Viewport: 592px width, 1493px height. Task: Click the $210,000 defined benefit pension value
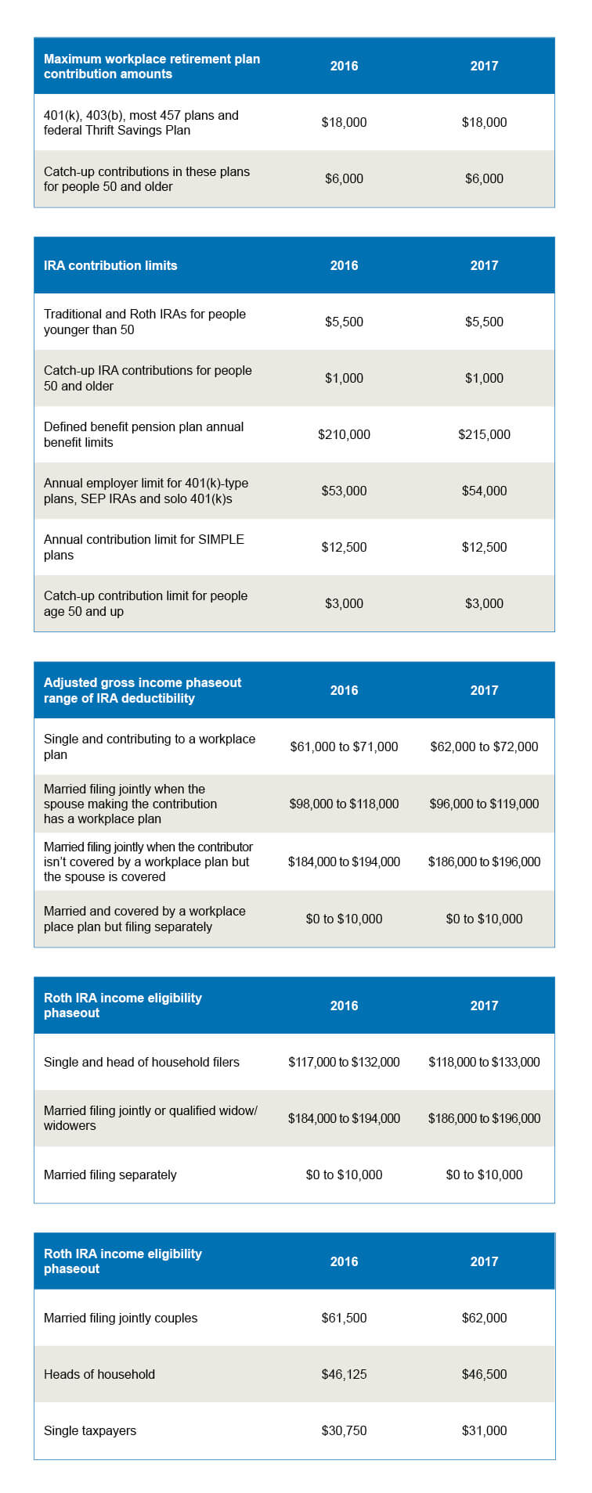[344, 434]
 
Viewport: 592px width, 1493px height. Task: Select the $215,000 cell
[484, 434]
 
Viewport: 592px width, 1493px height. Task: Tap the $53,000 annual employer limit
[344, 491]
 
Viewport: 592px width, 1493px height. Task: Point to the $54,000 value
[484, 491]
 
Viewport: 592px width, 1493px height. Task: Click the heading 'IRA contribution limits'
[110, 265]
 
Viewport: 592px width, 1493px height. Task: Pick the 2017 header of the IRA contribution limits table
[484, 265]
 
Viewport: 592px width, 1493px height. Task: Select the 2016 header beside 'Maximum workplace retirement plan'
[344, 66]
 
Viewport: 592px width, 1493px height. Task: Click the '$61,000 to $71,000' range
[344, 746]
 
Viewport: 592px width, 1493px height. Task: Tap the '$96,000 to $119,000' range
[484, 804]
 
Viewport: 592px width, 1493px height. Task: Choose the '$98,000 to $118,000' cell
[344, 804]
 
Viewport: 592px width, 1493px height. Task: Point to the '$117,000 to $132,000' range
[344, 1062]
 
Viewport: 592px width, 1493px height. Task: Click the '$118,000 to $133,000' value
[484, 1062]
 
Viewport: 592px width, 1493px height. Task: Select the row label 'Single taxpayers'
[90, 1430]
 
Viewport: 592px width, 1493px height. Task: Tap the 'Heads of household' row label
[99, 1374]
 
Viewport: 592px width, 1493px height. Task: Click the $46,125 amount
[344, 1374]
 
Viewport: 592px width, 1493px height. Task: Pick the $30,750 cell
[344, 1430]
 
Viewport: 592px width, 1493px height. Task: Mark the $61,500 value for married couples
[344, 1318]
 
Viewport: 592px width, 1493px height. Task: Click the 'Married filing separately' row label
[110, 1175]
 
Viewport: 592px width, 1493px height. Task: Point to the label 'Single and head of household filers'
[142, 1062]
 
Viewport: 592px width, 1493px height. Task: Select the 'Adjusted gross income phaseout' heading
[143, 690]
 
